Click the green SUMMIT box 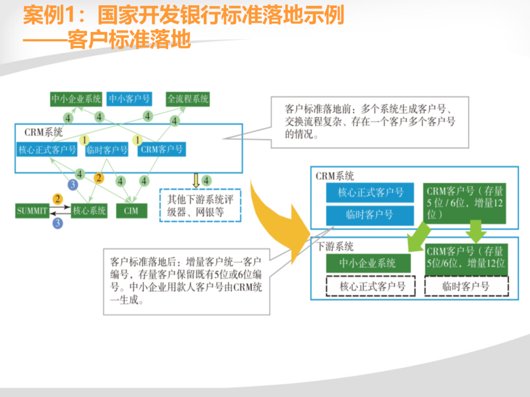click(32, 211)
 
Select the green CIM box click(131, 211)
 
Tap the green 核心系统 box click(89, 211)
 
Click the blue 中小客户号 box click(129, 99)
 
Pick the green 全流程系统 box click(188, 99)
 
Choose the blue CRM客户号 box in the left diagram click(162, 149)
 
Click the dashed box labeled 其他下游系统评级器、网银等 click(200, 205)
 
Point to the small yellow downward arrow click(195, 180)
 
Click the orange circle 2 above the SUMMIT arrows click(58, 199)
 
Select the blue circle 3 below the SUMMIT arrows click(58, 223)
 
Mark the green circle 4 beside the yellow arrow click(207, 180)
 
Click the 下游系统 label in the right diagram click(335, 247)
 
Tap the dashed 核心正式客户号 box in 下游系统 click(371, 286)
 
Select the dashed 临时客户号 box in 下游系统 click(466, 286)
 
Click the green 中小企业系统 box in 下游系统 click(368, 263)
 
